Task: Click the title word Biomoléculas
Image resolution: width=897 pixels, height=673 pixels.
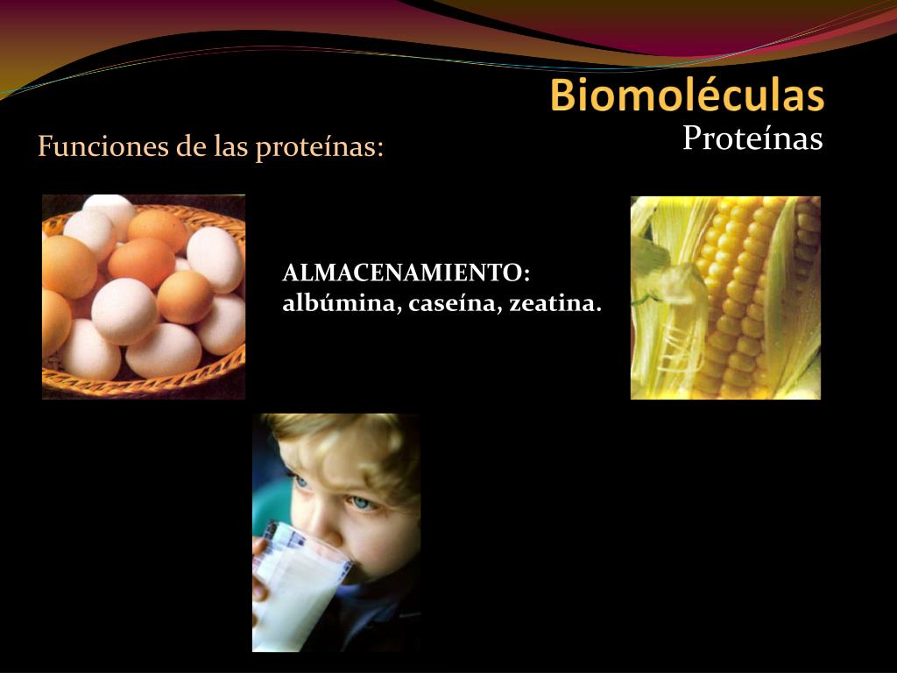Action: [687, 95]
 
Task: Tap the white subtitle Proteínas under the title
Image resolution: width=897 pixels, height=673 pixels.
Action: [752, 138]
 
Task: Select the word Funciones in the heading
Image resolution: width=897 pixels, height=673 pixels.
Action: [103, 146]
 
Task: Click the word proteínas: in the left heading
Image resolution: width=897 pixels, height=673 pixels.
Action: [319, 147]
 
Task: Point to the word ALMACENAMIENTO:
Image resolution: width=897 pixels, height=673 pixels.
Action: [406, 273]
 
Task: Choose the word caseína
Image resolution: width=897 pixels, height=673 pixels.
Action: [455, 303]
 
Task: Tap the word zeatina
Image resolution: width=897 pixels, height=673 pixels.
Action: [555, 303]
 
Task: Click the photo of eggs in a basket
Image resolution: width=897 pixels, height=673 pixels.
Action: [144, 296]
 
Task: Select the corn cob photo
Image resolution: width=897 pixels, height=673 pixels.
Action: [725, 298]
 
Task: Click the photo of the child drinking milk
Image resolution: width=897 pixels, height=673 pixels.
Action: [336, 532]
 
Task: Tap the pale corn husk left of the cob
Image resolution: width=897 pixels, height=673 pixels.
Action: [667, 303]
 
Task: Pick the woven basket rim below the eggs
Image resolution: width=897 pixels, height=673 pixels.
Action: [143, 380]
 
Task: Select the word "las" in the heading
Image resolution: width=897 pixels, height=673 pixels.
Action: [231, 146]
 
